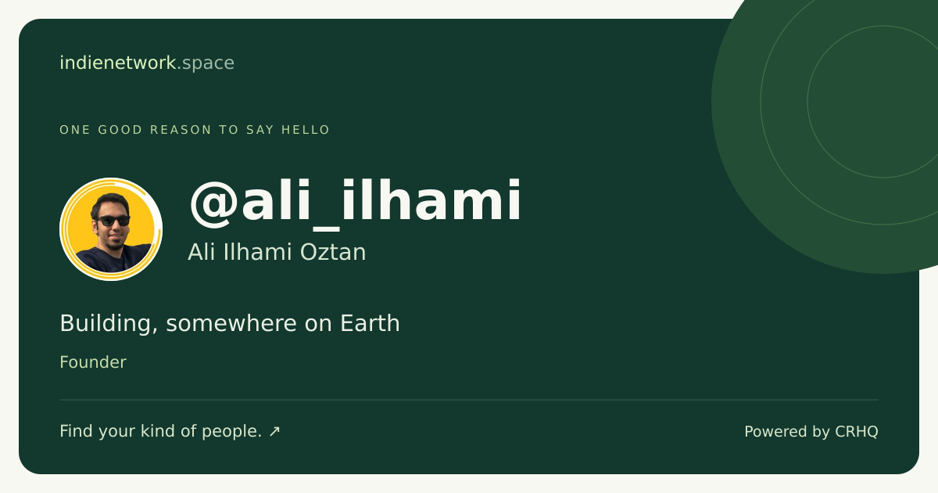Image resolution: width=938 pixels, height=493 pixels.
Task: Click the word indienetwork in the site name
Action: coord(118,63)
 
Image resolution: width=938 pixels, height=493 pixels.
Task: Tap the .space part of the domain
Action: coord(206,63)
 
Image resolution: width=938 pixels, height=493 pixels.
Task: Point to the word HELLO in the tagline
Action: coord(306,130)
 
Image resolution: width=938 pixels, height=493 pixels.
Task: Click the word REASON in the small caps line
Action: coord(181,130)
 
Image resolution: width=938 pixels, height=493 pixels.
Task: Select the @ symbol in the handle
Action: coord(214,203)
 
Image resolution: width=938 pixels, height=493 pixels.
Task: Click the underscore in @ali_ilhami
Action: coord(326,229)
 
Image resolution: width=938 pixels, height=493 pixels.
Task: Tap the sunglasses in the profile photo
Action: coord(113,221)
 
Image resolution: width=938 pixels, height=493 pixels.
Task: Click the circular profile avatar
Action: coord(111,229)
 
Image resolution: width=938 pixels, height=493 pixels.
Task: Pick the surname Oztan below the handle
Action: coord(333,252)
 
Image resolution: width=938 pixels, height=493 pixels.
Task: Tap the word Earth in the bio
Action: coord(370,323)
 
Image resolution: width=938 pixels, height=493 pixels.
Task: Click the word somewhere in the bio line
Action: coord(231,324)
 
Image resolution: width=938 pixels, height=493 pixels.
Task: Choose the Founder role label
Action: coord(93,362)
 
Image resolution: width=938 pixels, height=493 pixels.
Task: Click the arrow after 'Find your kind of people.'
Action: coord(274,431)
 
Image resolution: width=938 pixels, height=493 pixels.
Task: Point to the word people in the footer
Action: coord(230,432)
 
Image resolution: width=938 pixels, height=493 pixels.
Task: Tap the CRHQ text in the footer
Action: coord(857,432)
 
